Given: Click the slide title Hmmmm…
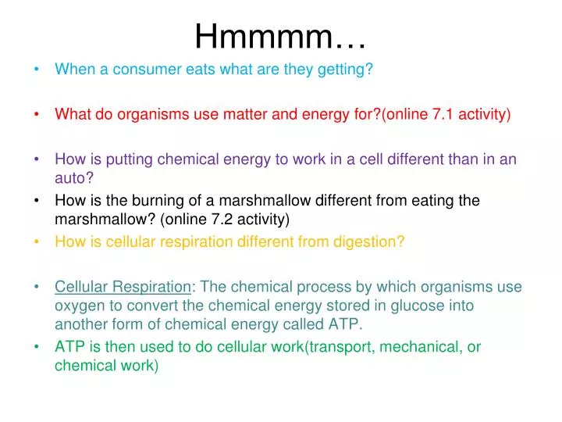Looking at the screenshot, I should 281,34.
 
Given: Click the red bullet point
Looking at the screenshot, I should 38,114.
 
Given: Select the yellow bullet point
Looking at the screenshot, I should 38,241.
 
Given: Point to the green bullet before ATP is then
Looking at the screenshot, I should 38,346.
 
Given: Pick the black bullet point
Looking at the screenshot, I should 38,200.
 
